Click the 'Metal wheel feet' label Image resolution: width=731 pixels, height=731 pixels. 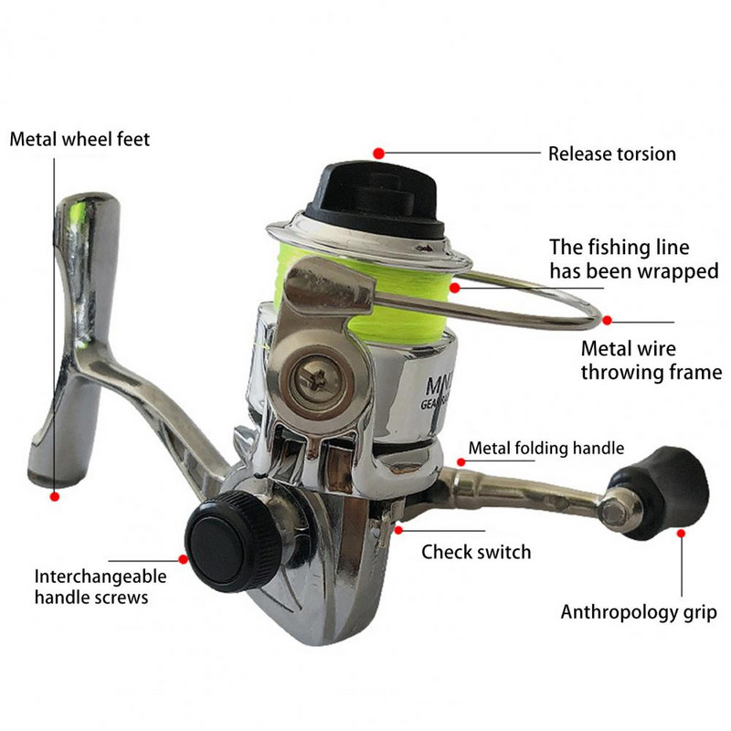79,140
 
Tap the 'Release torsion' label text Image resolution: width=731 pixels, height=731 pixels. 611,154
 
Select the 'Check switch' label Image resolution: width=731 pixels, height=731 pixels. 476,552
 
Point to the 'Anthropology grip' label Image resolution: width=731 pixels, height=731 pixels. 638,612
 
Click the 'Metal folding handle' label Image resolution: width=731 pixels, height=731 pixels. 546,448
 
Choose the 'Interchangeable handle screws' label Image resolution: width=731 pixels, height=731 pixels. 101,587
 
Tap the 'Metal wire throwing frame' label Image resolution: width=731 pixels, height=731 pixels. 652,360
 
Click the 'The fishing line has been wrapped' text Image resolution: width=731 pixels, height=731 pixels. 633,260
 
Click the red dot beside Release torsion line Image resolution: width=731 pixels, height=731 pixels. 378,154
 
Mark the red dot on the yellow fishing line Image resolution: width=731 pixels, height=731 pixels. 455,288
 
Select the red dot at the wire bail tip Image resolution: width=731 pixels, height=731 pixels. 607,321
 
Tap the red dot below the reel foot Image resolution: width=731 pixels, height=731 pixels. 55,496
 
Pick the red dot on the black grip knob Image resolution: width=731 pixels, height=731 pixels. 681,534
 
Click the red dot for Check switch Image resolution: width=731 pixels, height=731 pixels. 398,530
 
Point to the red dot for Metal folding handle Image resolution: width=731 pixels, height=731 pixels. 461,462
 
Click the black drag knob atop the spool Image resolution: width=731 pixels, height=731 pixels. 376,198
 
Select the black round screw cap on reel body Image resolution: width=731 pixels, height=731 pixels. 233,542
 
